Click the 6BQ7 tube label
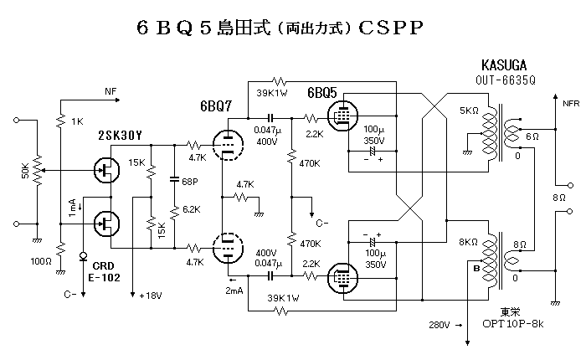[x=217, y=107]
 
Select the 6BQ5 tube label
[x=324, y=93]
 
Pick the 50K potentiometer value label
[x=25, y=171]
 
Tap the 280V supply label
[x=440, y=323]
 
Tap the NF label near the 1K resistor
[x=111, y=90]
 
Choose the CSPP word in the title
[x=392, y=28]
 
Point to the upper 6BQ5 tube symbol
[x=341, y=117]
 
